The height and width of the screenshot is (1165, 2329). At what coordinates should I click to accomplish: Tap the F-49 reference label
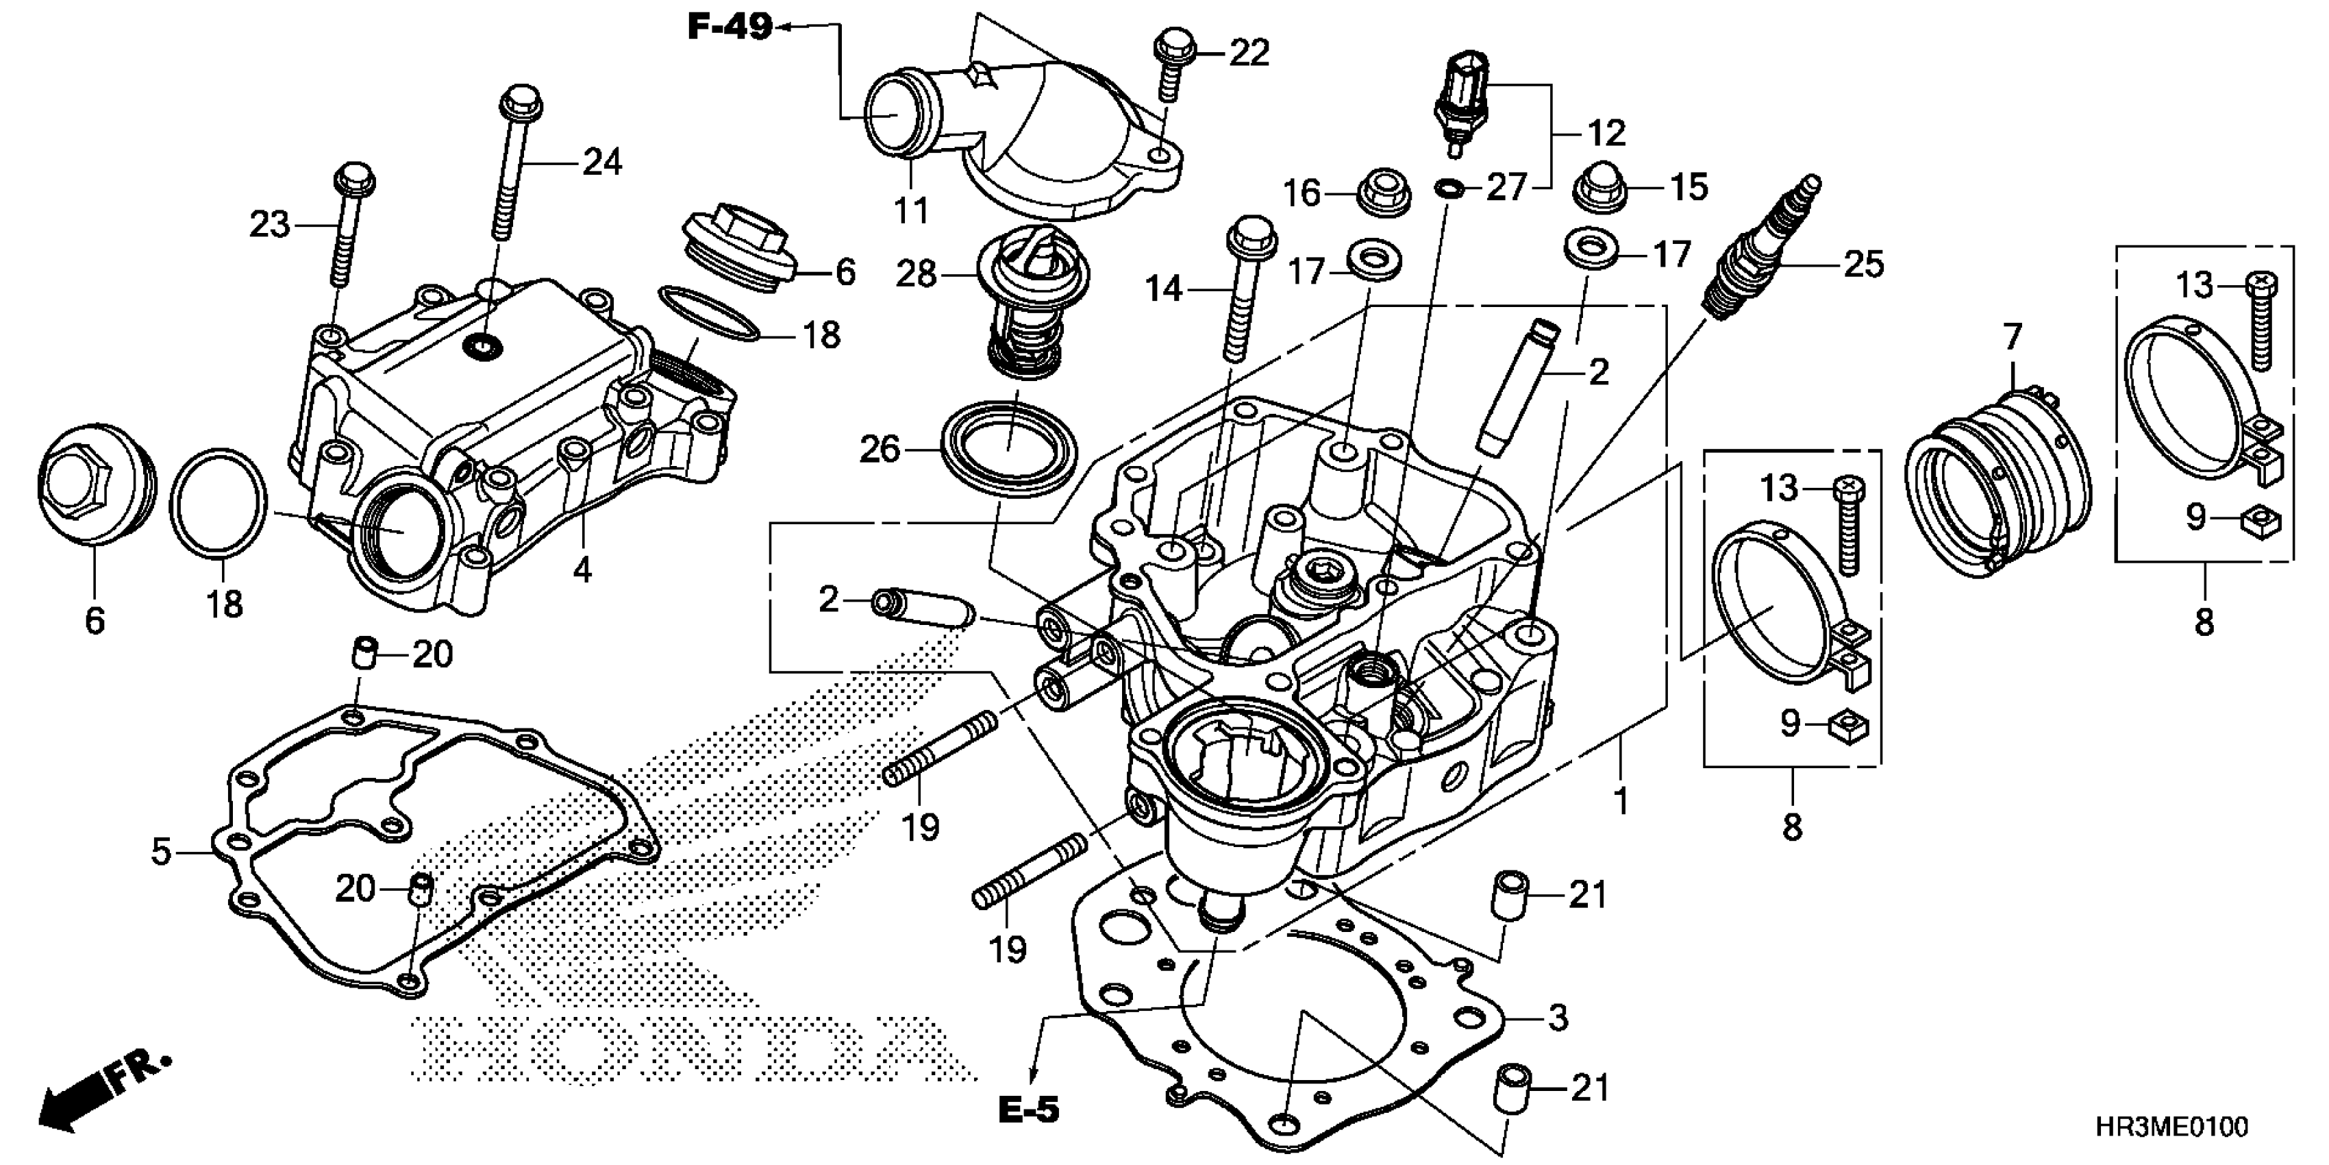(730, 27)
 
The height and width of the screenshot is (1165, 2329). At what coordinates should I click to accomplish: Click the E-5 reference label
(1028, 1109)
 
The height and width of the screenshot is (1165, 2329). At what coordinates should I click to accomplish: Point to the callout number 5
(160, 851)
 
